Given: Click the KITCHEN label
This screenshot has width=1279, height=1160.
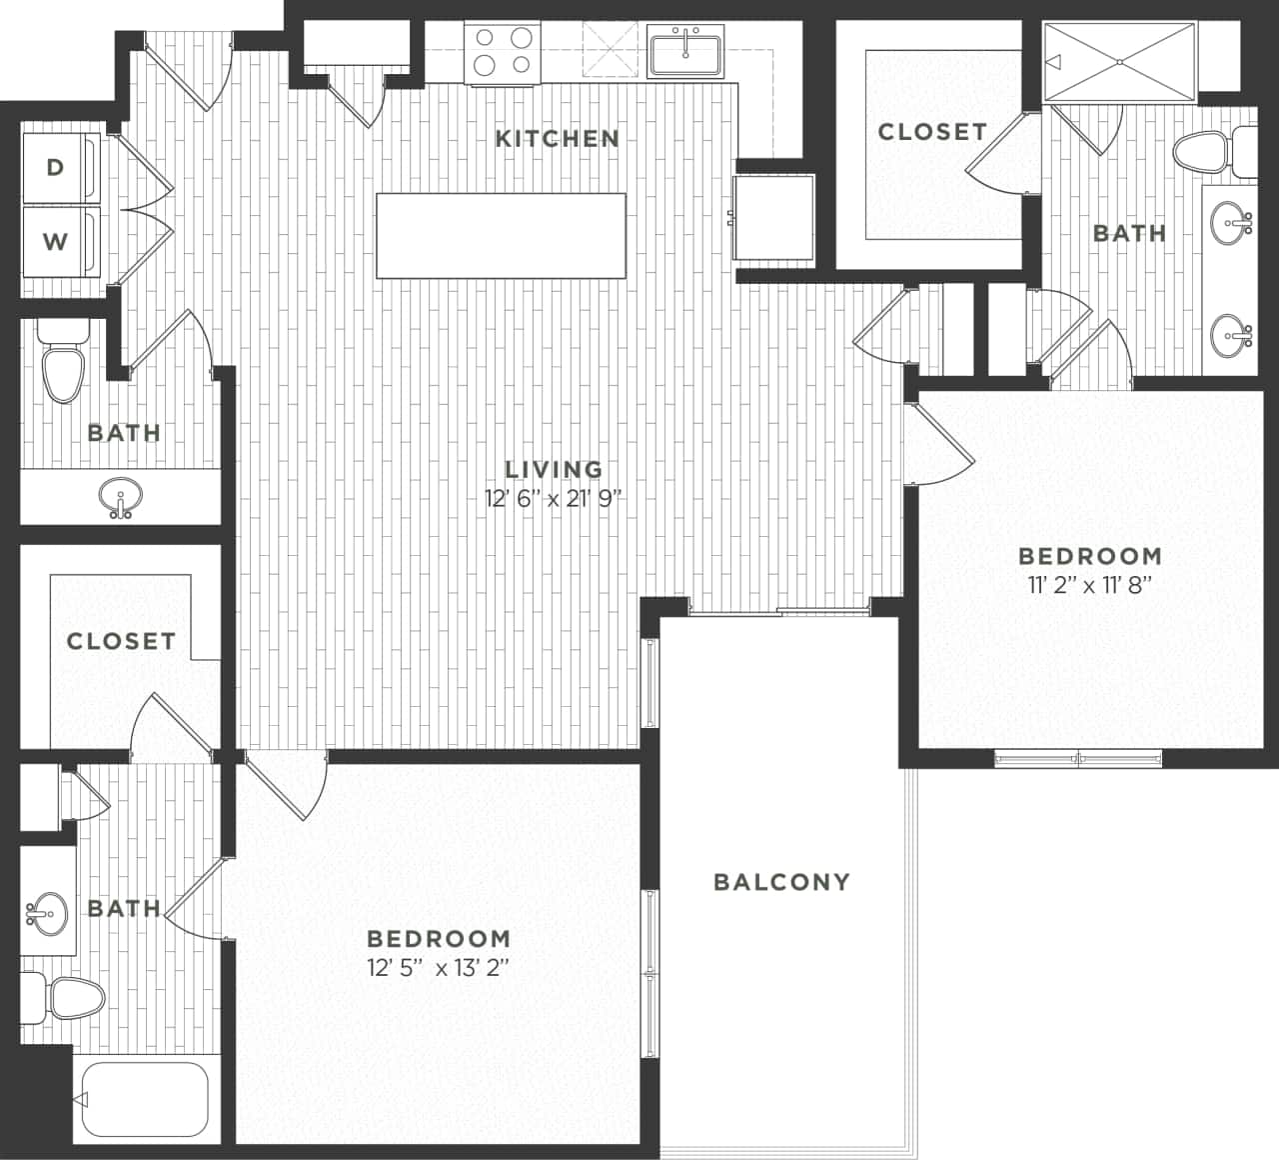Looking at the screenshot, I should tap(557, 138).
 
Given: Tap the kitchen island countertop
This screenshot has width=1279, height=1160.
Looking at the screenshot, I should tap(501, 235).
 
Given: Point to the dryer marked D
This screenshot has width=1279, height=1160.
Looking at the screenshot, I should tap(56, 167).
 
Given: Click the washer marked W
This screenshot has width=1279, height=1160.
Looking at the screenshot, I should tap(56, 241).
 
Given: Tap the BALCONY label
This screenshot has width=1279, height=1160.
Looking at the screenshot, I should tap(781, 881).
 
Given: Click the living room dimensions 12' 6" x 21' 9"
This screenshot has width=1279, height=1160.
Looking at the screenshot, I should tap(553, 499).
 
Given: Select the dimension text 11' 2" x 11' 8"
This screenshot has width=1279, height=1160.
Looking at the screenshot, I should tap(1090, 584).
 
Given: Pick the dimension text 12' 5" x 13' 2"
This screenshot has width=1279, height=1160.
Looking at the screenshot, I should tap(439, 967).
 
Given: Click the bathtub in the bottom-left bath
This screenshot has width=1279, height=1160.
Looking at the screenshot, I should tap(142, 1099).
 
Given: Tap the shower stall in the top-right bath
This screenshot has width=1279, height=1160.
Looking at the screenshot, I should tap(1119, 62).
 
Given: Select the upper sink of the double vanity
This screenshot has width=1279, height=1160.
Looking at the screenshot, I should tap(1230, 222).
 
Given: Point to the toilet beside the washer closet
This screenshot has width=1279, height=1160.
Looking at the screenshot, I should tap(62, 366).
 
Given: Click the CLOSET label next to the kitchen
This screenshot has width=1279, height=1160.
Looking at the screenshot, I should tap(932, 132).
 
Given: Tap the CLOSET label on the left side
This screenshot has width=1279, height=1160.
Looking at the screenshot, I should tap(121, 641).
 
